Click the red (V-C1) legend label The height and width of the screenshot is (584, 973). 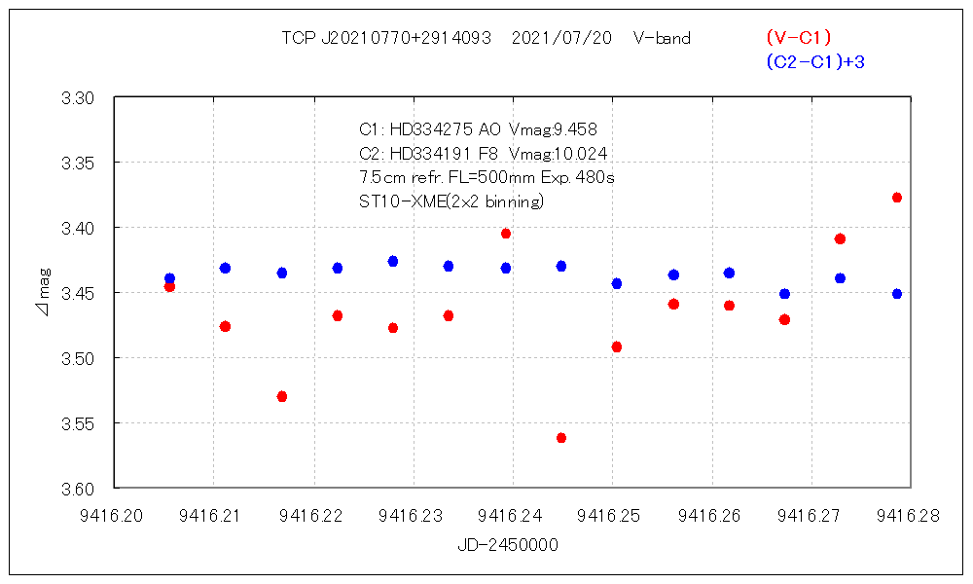pyautogui.click(x=798, y=38)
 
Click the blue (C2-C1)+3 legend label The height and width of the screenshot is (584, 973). pyautogui.click(x=815, y=62)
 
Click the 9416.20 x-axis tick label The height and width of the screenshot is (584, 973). pyautogui.click(x=115, y=516)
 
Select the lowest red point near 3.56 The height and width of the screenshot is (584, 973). pyautogui.click(x=561, y=438)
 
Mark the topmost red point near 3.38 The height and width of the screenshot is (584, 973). pyautogui.click(x=897, y=198)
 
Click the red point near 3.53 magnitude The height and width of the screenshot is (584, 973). pyautogui.click(x=282, y=396)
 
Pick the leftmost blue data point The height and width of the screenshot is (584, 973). pyautogui.click(x=169, y=278)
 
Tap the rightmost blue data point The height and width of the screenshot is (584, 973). pyautogui.click(x=897, y=293)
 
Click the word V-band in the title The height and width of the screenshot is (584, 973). pyautogui.click(x=662, y=39)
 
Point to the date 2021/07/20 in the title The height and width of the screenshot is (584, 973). pyautogui.click(x=561, y=39)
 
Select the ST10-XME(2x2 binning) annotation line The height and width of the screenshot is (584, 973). pyautogui.click(x=451, y=202)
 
